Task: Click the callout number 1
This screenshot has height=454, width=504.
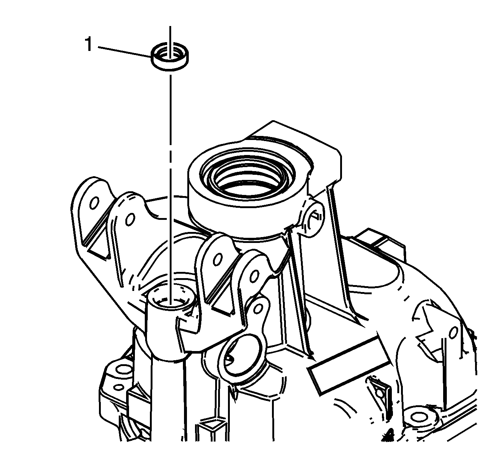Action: click(88, 44)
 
